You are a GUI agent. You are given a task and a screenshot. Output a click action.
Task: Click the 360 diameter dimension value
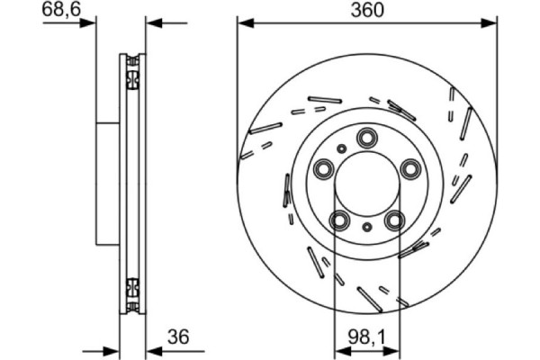(366, 10)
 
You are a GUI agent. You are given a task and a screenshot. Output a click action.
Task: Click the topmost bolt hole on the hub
(366, 137)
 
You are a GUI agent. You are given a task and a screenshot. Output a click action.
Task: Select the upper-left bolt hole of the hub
(324, 168)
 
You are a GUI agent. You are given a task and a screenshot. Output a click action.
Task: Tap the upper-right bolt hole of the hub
(410, 168)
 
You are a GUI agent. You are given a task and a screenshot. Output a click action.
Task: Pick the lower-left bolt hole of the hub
(339, 220)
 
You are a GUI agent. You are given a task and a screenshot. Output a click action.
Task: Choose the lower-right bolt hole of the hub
(393, 220)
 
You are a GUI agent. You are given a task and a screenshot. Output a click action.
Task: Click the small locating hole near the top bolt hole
(341, 148)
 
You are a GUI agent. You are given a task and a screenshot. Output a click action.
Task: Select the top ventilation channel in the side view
(133, 72)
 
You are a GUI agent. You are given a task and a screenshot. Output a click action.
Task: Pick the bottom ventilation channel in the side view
(133, 291)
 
